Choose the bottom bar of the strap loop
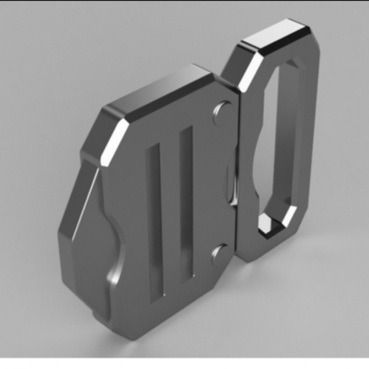(272, 246)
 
